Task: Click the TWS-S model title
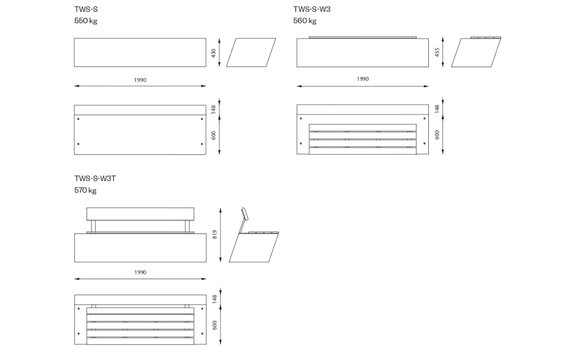tap(86, 9)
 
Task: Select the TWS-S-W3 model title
tap(312, 9)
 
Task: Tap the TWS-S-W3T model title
tap(95, 179)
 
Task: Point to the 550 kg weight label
tap(85, 21)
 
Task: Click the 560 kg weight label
tap(305, 21)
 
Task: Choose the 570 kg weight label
tap(85, 190)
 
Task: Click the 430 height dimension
tap(213, 53)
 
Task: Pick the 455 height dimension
tap(437, 52)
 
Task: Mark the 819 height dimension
tap(215, 234)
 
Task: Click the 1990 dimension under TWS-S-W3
tap(363, 79)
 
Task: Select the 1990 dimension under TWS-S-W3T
tap(140, 272)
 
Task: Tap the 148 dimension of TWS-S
tap(213, 109)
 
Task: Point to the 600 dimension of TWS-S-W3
tap(437, 135)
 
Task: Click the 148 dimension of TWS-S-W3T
tap(215, 299)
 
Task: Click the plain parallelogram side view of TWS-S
tap(251, 53)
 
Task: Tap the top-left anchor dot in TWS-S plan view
tap(78, 119)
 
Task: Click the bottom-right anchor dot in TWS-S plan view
tap(202, 144)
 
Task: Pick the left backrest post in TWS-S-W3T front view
tap(93, 226)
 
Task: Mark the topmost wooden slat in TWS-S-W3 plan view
tap(363, 128)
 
